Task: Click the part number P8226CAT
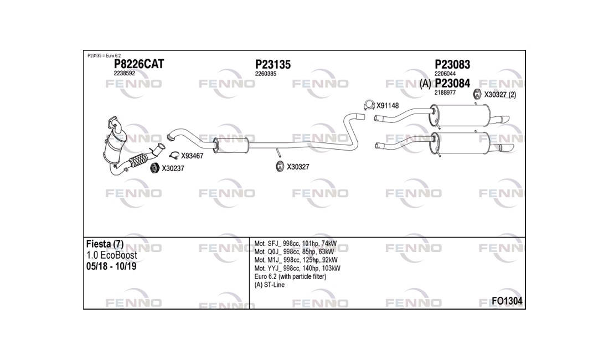coord(138,64)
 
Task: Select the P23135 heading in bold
coord(272,64)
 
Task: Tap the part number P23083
coord(452,64)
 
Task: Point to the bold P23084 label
coord(452,83)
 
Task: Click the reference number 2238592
coord(124,73)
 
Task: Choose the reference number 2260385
coord(266,74)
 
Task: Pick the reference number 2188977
coord(445,93)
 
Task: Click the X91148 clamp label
coord(388,106)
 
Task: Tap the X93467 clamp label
coord(192,156)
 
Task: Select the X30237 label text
coord(173,168)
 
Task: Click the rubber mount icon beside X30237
coord(154,168)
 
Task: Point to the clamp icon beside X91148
coord(369,105)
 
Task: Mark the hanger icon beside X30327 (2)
coord(477,94)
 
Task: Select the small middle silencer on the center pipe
coord(231,145)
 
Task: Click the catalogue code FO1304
coord(507,301)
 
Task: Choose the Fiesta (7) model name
coord(105,244)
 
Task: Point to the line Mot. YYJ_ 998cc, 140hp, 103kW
coord(297,269)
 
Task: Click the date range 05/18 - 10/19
coord(111,266)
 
